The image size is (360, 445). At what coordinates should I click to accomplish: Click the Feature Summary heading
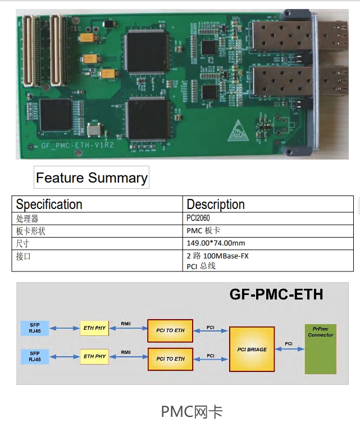tap(92, 178)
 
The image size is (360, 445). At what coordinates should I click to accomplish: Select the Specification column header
tap(49, 204)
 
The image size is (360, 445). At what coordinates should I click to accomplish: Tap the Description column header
tap(216, 204)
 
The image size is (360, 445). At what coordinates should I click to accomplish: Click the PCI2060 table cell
tap(200, 219)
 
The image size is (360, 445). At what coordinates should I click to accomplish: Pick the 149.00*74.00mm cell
tap(216, 243)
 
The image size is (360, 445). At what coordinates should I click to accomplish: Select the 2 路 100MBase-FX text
tap(217, 256)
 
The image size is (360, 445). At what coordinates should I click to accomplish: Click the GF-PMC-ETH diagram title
tap(276, 294)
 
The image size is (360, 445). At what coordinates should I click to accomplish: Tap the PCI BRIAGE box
tap(252, 349)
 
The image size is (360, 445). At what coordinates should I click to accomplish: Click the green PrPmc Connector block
tap(320, 349)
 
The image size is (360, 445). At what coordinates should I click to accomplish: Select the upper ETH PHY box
tap(94, 328)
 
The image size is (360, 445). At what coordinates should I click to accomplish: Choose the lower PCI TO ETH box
tap(170, 359)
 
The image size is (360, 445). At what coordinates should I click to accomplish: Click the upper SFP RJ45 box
tap(35, 328)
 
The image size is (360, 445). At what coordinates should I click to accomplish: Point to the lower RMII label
tap(126, 352)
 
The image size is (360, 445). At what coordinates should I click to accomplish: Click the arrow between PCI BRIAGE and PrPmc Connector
tap(289, 349)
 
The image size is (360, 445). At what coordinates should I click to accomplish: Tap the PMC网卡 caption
tap(192, 412)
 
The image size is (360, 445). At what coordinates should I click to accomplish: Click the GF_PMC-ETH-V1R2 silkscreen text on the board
tap(74, 145)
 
